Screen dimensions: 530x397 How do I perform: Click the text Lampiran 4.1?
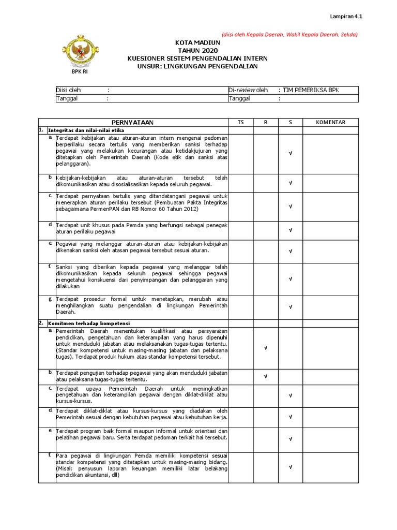[x=347, y=17]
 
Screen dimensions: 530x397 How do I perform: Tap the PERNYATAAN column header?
[x=133, y=122]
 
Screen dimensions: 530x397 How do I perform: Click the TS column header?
[x=240, y=122]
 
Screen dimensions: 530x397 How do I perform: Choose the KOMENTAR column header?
[x=331, y=122]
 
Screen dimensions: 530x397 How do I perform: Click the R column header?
[x=266, y=122]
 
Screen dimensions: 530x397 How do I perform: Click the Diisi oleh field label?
[x=68, y=90]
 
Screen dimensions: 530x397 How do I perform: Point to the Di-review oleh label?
[x=248, y=90]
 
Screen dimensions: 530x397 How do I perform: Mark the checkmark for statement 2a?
[x=266, y=348]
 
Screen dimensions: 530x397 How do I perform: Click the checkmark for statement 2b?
[x=266, y=376]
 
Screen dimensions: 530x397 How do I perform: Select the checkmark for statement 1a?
[x=291, y=154]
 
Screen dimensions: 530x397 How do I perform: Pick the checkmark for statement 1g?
[x=291, y=306]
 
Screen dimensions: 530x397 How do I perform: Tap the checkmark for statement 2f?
[x=291, y=466]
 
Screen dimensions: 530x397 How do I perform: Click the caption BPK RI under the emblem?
[x=79, y=71]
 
